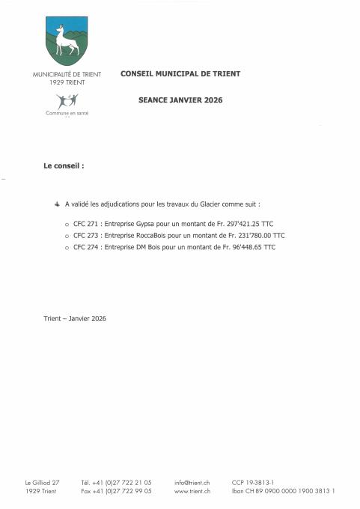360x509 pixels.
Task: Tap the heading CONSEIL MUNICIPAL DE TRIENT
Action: [180, 74]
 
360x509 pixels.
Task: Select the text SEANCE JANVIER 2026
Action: [180, 100]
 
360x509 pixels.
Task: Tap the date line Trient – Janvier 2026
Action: [75, 318]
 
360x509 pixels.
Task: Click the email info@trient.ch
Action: [192, 483]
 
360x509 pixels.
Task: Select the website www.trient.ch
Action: [192, 491]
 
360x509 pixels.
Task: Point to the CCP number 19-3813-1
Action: [258, 483]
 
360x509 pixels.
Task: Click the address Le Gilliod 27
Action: [42, 483]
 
